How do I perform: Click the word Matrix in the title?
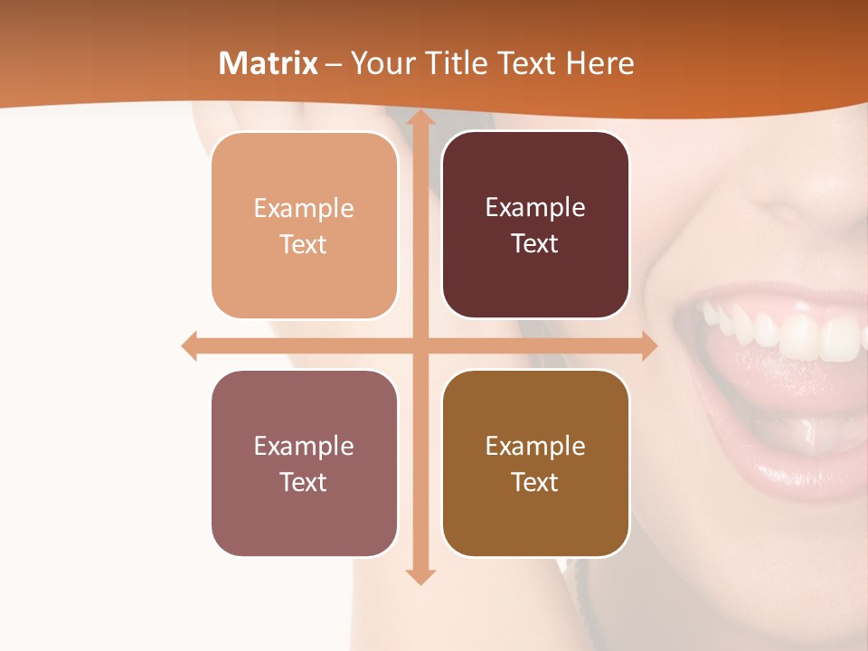269,63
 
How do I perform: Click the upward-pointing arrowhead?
419,118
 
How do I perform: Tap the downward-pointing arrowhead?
419,576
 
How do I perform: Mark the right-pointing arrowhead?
648,345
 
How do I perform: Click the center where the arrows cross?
419,345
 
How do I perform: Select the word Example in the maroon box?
535,208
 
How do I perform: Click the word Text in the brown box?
535,482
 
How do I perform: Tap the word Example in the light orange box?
304,209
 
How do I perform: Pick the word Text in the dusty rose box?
304,482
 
